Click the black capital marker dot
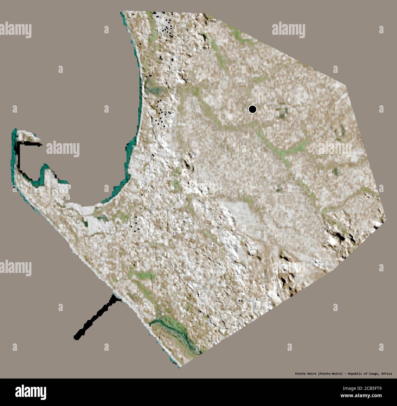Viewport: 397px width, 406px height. coord(252,109)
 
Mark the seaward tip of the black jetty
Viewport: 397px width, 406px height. coord(76,337)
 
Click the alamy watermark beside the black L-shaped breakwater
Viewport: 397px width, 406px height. coord(63,149)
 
